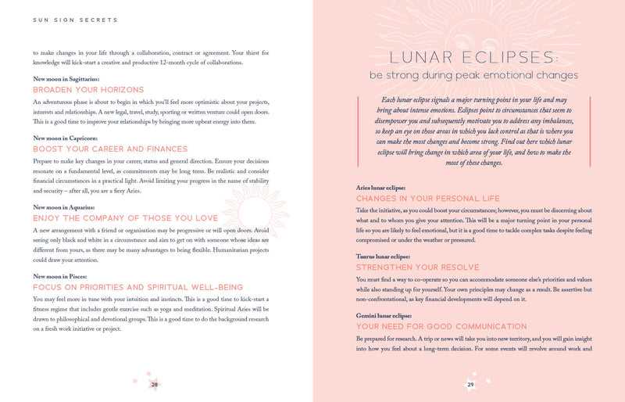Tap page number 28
(x=155, y=384)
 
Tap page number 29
(x=470, y=384)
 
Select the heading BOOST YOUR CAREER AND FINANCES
(x=110, y=149)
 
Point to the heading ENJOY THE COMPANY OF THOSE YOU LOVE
(x=126, y=218)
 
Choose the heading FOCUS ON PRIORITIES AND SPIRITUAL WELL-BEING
(x=137, y=287)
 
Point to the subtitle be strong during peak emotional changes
(x=474, y=76)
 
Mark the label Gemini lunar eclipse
(x=387, y=315)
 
